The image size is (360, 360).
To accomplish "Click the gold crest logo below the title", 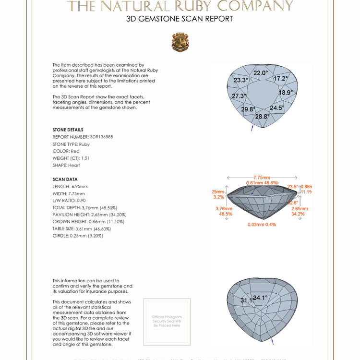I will [x=180, y=42].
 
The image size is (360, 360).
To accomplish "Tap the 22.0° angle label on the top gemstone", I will [x=261, y=73].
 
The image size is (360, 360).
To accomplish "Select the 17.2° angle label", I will [x=281, y=78].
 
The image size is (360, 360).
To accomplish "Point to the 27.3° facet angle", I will [x=239, y=96].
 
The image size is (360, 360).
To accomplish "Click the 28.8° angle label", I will [x=262, y=116].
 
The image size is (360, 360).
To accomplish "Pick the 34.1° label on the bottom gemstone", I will [x=261, y=298].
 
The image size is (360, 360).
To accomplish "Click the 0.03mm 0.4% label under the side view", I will [x=262, y=224].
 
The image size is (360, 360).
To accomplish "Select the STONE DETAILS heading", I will [x=68, y=130].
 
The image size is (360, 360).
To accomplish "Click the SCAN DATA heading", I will [x=65, y=179].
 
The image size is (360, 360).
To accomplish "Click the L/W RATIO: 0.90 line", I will [x=70, y=200].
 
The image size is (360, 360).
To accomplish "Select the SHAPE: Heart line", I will [x=66, y=165].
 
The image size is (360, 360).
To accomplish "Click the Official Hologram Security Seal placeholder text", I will [x=167, y=321].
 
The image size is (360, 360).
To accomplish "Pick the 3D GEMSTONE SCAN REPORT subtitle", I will [x=180, y=19].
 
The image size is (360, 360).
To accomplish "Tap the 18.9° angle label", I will [x=286, y=92].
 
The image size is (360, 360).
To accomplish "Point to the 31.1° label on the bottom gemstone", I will [x=246, y=300].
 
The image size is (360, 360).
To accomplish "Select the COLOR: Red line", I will [x=66, y=151].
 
